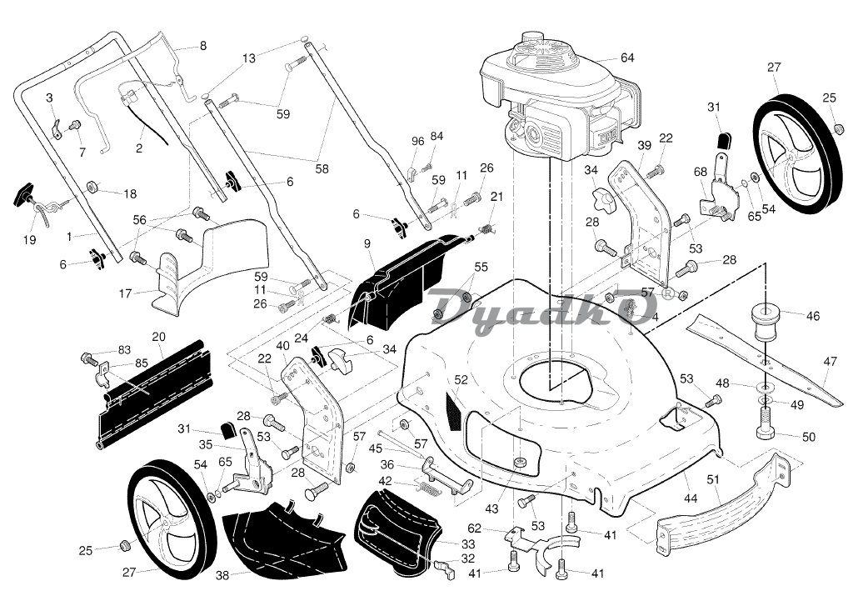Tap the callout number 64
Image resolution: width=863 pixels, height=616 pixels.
627,58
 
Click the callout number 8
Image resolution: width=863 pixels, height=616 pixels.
202,46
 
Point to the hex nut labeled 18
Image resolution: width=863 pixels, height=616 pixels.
94,185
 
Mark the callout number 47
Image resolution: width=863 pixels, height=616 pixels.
830,362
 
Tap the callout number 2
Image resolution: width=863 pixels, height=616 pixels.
139,148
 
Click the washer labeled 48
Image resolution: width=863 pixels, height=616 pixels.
764,388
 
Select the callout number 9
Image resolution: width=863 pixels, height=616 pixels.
367,243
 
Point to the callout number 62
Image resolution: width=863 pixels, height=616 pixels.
473,528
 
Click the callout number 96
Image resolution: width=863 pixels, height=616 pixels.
418,141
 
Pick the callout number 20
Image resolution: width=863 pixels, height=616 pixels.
158,337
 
